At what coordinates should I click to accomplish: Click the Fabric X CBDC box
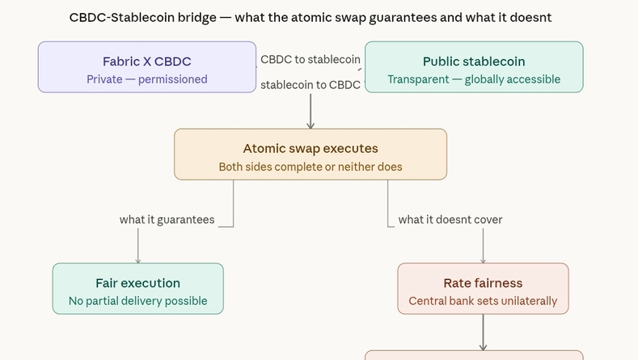[x=147, y=67]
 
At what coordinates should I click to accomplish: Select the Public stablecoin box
[x=474, y=67]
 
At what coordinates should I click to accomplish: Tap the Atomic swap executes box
[x=311, y=154]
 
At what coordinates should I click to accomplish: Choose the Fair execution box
[x=137, y=288]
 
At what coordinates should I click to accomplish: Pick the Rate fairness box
[x=483, y=288]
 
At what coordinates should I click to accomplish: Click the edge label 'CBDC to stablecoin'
[x=311, y=59]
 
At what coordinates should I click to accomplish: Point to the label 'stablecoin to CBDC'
[x=311, y=84]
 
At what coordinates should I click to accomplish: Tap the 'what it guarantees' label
[x=167, y=219]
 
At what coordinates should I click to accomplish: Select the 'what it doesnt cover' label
[x=450, y=219]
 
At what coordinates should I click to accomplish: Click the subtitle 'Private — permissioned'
[x=147, y=79]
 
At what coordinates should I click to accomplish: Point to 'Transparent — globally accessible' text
[x=474, y=79]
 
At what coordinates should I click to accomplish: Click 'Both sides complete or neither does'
[x=311, y=167]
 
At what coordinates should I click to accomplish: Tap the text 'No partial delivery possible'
[x=137, y=301]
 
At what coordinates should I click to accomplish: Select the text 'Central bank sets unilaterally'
[x=483, y=301]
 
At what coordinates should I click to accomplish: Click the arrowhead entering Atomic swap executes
[x=311, y=125]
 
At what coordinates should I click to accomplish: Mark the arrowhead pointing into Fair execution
[x=137, y=260]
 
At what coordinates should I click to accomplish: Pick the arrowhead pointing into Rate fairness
[x=484, y=260]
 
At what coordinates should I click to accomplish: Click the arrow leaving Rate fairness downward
[x=484, y=332]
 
